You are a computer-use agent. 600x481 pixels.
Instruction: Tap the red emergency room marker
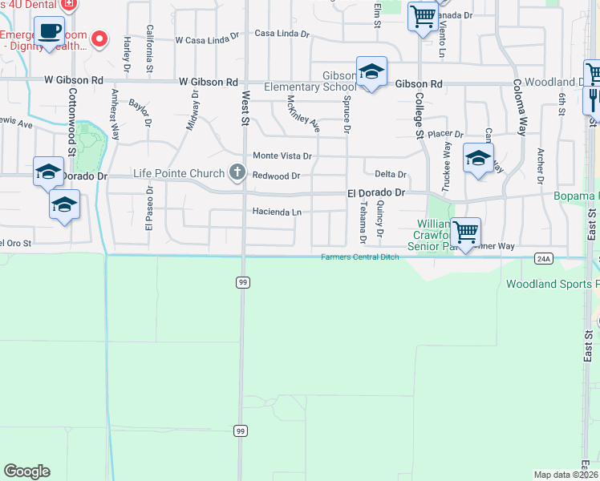pos(100,38)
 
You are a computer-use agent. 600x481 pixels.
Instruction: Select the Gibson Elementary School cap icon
pos(371,71)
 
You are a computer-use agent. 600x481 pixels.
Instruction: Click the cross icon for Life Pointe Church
pos(237,172)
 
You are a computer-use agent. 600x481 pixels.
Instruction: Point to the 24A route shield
pos(544,258)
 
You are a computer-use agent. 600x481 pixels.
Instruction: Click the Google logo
pos(26,471)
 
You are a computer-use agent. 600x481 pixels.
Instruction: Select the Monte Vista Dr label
pos(282,156)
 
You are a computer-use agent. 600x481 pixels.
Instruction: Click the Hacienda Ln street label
pos(277,212)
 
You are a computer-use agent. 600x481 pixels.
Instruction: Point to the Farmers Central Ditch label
pos(360,257)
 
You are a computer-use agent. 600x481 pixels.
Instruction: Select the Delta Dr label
pos(391,175)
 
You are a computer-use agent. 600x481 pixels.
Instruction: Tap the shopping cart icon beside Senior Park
pos(465,232)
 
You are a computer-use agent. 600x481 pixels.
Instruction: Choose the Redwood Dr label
pos(276,176)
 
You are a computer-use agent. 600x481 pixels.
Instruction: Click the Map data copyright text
pos(566,475)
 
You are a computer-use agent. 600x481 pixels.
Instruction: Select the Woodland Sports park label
pos(553,285)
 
